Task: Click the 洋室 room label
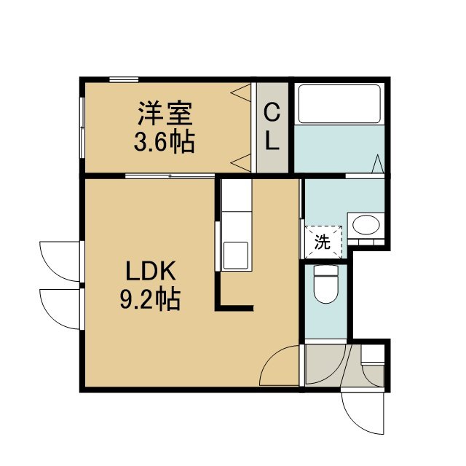pos(165,114)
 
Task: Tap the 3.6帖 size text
pos(165,141)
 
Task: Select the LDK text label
pos(151,271)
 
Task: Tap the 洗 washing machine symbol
pos(323,242)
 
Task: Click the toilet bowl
pos(326,283)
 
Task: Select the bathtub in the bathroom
pos(339,103)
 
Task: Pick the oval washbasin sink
pos(366,225)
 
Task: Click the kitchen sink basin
pos(236,255)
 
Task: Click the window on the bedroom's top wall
pos(124,79)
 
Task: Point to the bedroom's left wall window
pos(82,127)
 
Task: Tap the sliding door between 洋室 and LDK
pos(170,176)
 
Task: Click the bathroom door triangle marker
pos(378,163)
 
